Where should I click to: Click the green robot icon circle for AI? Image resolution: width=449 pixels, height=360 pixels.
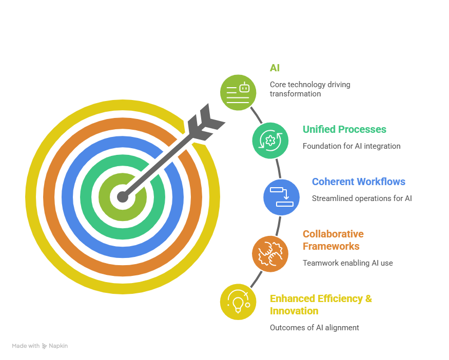(x=238, y=92)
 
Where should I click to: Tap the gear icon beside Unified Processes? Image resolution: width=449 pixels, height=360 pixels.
(x=270, y=140)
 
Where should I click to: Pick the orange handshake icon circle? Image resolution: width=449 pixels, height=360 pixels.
(x=270, y=253)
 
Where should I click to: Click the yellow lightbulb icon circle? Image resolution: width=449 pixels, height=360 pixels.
(x=238, y=302)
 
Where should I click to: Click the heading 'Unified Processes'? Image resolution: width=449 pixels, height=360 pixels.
(x=344, y=129)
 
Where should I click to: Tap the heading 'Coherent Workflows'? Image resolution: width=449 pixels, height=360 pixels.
(x=358, y=182)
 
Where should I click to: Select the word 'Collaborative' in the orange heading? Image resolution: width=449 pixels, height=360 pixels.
(x=333, y=234)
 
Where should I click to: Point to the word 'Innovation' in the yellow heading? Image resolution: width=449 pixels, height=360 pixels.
(x=294, y=311)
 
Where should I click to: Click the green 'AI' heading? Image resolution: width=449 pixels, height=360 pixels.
(x=275, y=68)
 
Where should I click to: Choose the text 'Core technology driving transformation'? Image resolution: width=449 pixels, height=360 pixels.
(x=310, y=89)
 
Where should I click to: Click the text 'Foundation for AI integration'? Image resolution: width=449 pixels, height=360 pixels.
(x=351, y=146)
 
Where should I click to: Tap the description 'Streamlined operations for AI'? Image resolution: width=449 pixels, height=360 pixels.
(x=361, y=198)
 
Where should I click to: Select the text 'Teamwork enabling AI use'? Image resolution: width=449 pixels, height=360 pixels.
(x=347, y=263)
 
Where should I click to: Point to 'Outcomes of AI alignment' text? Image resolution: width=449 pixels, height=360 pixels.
(x=314, y=328)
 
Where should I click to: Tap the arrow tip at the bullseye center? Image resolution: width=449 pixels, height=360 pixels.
(x=122, y=196)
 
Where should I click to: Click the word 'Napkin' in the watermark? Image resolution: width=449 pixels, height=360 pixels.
(x=58, y=346)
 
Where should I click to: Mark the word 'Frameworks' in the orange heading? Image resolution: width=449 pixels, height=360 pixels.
(x=330, y=246)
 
